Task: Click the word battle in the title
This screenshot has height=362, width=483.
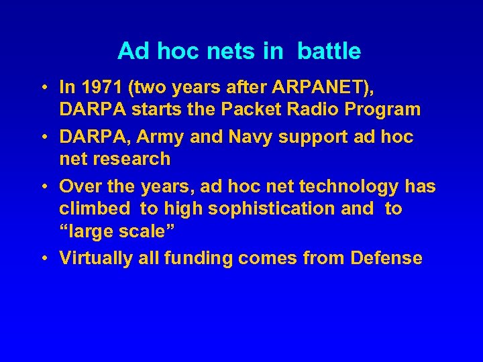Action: [x=329, y=51]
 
